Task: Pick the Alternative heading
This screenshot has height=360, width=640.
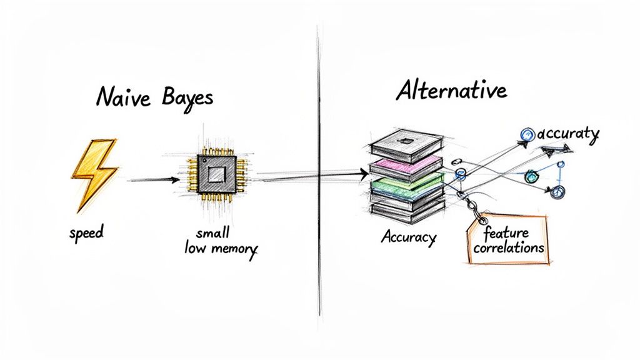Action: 451,91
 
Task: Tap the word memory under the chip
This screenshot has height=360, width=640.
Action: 233,248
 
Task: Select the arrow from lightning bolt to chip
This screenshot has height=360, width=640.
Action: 151,180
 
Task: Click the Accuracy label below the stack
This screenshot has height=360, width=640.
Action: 409,238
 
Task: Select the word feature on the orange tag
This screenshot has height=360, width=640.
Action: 506,232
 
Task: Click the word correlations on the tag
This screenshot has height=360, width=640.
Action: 508,247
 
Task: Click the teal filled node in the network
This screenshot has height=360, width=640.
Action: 531,176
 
